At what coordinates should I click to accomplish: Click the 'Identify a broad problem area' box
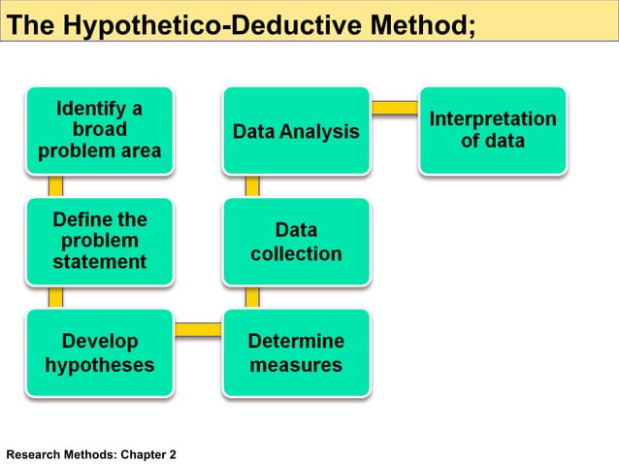pos(100,130)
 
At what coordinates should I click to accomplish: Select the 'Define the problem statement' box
pos(100,241)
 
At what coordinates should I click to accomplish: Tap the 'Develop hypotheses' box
pos(100,352)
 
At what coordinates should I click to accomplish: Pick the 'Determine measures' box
pos(296,352)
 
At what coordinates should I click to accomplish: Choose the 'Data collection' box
pos(296,242)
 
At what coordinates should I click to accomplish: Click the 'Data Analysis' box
pos(296,130)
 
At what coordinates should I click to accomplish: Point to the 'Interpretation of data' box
pos(492,130)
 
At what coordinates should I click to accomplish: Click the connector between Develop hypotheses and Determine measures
pos(198,328)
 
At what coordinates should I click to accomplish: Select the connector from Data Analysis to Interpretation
pos(394,106)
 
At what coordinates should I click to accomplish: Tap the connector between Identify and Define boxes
pos(56,185)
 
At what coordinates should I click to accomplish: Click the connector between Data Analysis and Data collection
pos(252,185)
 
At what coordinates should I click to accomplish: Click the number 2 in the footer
pos(173,453)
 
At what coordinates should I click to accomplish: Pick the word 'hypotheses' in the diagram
pos(100,366)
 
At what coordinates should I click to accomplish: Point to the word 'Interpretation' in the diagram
pos(493,119)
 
